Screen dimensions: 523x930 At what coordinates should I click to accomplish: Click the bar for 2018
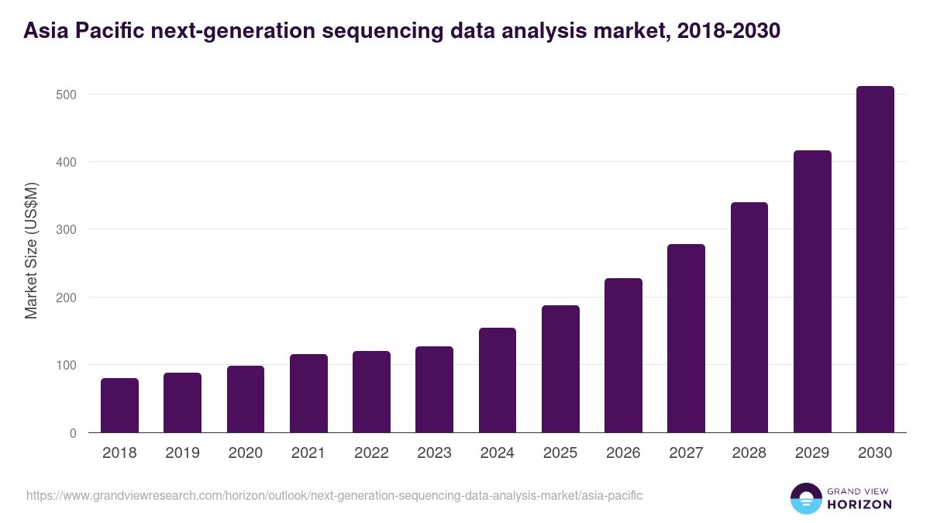pos(119,405)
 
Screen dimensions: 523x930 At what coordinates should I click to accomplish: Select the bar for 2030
pos(875,260)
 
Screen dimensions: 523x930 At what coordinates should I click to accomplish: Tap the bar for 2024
pos(498,380)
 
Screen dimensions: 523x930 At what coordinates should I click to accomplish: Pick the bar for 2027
pos(686,339)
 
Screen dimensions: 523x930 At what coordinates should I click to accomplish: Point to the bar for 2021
pos(308,394)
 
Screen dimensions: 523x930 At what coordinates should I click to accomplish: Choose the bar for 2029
pos(812,291)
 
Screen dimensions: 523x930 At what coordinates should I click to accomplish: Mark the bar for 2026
pos(623,356)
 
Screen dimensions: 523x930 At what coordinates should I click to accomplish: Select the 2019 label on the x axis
pos(183,453)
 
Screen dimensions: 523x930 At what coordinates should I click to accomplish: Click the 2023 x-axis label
pos(434,453)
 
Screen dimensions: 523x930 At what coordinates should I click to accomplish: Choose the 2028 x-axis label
pos(749,453)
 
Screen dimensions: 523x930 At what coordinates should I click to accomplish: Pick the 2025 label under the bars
pos(560,453)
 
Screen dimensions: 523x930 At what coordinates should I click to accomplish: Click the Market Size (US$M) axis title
pos(31,250)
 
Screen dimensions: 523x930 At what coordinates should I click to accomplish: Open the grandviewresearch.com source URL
pos(334,495)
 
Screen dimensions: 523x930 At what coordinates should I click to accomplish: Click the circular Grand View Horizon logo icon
pos(805,498)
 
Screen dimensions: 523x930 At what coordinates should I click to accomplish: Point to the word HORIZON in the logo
pos(859,504)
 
